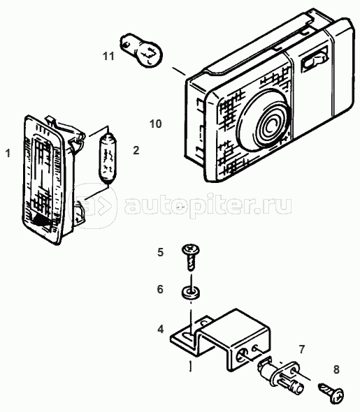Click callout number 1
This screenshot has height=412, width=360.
[x=8, y=153]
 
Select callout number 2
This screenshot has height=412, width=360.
[x=136, y=150]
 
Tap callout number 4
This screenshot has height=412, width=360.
[x=160, y=329]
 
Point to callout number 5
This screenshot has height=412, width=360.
[x=160, y=252]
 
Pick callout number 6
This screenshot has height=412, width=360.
[x=160, y=289]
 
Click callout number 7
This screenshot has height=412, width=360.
[x=301, y=349]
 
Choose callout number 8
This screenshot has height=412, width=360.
[x=336, y=369]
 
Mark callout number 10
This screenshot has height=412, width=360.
[x=156, y=124]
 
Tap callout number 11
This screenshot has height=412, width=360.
[x=108, y=56]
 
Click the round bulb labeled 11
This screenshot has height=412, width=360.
[x=141, y=50]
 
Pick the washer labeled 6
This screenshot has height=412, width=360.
[x=191, y=293]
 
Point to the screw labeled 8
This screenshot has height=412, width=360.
[x=331, y=392]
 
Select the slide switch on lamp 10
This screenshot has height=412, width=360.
[x=313, y=61]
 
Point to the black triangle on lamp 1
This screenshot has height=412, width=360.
[x=42, y=220]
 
